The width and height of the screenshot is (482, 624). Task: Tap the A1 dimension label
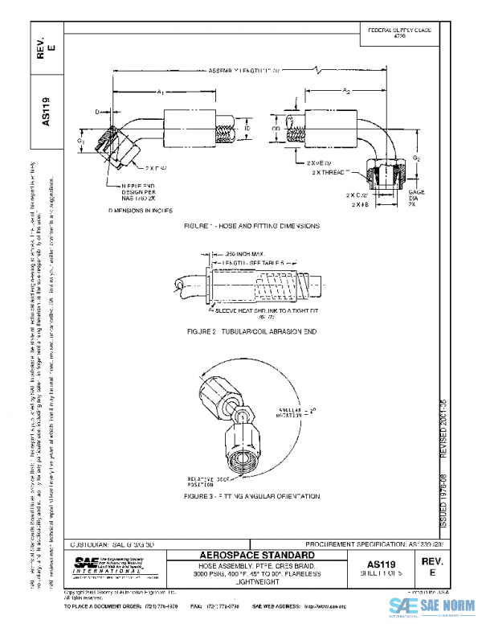161,93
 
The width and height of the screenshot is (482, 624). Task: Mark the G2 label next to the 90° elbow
416,159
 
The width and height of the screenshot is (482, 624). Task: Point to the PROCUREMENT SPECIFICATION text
378,544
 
